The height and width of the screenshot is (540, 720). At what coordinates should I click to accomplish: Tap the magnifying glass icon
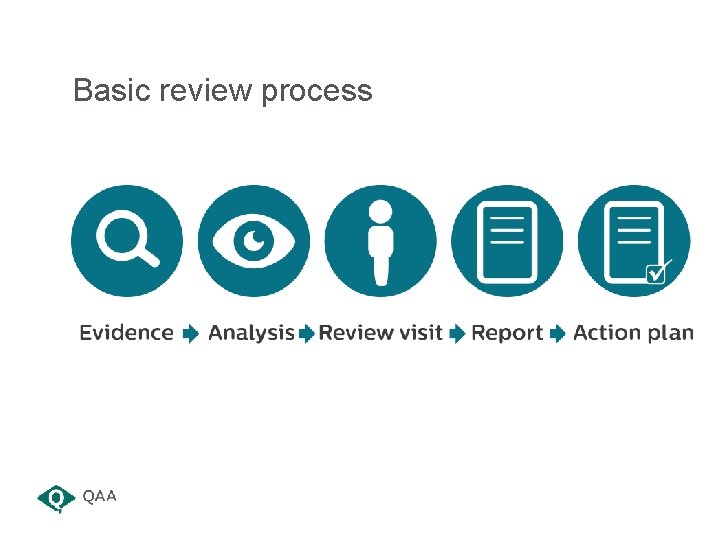tap(127, 241)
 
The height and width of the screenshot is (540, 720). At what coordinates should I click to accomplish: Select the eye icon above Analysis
tap(254, 241)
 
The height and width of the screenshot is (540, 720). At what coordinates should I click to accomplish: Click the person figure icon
tap(380, 241)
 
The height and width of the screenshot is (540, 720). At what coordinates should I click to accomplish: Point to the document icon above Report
tap(507, 241)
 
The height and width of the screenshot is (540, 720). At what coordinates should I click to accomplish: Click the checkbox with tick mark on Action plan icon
tap(658, 271)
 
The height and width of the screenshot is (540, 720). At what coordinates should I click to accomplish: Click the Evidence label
tap(126, 333)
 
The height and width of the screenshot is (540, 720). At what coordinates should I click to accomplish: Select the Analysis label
tap(251, 333)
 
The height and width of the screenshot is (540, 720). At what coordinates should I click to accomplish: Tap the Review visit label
tap(380, 333)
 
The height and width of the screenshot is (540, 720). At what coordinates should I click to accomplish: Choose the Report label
tap(507, 333)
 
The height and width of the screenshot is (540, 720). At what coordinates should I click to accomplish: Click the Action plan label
tap(633, 333)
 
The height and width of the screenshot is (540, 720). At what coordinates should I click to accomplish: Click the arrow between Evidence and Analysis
tap(190, 334)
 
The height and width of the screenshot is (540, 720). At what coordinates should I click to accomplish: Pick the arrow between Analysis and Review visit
tap(307, 334)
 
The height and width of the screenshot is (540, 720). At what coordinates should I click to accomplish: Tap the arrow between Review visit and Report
tap(457, 334)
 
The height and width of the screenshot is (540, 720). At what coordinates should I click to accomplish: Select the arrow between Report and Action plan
tap(558, 334)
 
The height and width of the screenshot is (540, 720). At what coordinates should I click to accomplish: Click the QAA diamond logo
tap(56, 497)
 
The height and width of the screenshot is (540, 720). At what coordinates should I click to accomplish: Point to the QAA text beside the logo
tap(100, 496)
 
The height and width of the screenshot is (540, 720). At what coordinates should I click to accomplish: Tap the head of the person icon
tap(380, 212)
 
